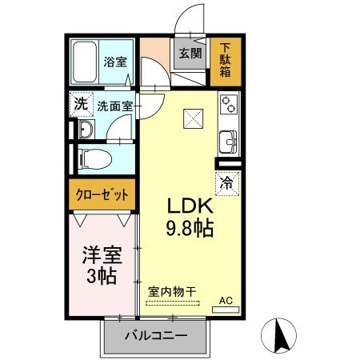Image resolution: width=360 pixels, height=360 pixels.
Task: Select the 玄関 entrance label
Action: (190, 54)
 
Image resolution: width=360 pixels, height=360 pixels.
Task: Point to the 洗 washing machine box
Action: (81, 103)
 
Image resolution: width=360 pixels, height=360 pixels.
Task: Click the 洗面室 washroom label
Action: (115, 105)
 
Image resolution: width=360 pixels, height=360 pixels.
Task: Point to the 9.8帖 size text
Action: (190, 229)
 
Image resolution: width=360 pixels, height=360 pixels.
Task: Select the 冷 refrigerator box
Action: (226, 182)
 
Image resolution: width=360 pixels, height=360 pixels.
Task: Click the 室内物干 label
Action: (171, 292)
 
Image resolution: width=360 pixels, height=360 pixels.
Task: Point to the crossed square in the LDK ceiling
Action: (194, 118)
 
